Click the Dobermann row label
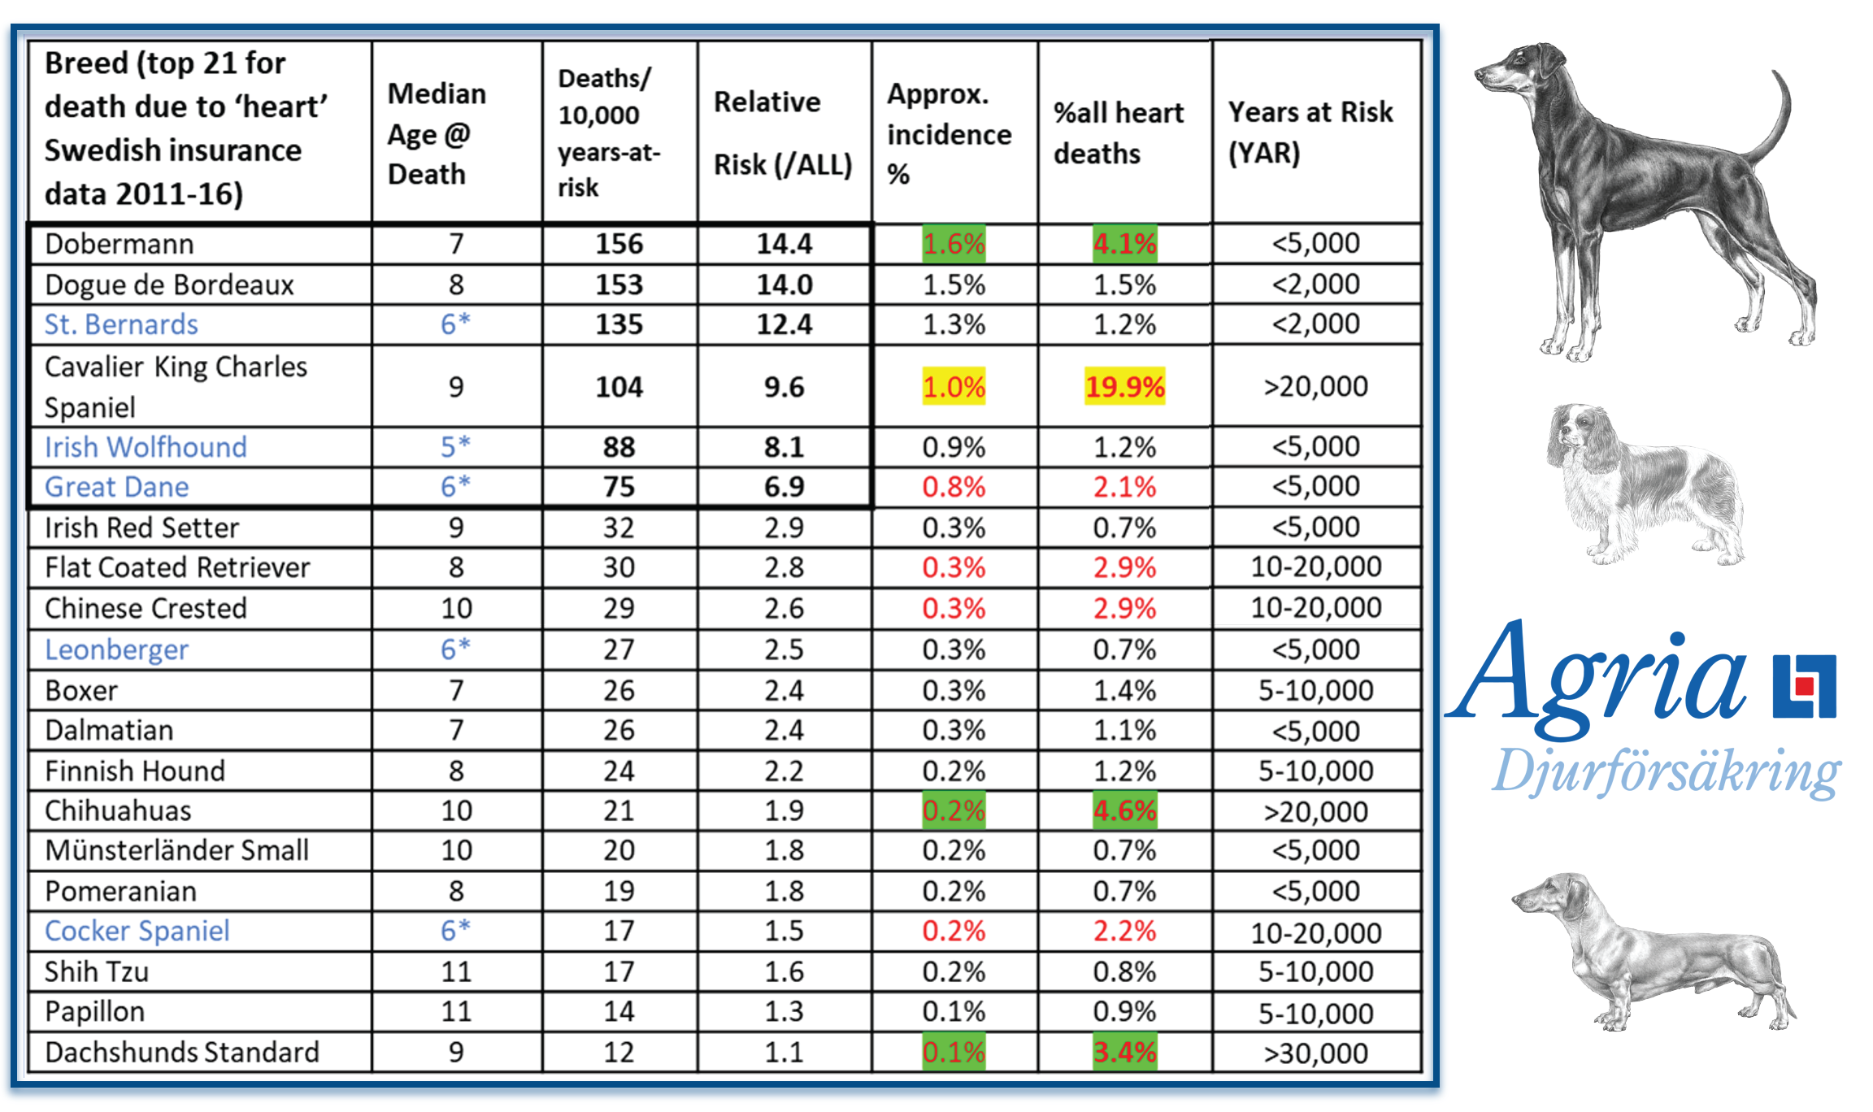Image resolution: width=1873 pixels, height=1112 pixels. tap(120, 244)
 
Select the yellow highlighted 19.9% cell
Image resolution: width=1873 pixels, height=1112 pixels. tap(1124, 386)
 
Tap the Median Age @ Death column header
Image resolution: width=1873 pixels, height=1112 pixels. tap(437, 133)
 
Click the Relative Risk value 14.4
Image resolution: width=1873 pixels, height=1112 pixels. tap(784, 244)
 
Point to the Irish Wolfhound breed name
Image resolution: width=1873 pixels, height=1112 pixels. tap(146, 447)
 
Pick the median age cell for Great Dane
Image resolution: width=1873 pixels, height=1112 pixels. tap(455, 487)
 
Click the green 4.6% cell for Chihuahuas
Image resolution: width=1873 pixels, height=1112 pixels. tap(1124, 810)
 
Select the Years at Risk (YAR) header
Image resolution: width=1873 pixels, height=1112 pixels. tap(1310, 132)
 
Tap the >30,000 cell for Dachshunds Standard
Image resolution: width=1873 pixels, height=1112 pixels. tap(1315, 1053)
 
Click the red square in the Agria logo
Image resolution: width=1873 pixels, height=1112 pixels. tap(1805, 687)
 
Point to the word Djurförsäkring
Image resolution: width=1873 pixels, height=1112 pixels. tap(1667, 772)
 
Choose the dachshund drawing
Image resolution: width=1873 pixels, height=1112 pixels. tap(1650, 951)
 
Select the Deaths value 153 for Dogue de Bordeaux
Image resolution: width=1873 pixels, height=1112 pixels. tap(619, 285)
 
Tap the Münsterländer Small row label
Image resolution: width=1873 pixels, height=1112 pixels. tap(176, 850)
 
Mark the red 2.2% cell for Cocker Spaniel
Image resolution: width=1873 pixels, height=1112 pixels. tap(1124, 931)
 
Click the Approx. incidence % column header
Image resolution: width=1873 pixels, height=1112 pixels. tap(949, 133)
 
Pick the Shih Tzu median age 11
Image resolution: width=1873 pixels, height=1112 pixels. tap(455, 971)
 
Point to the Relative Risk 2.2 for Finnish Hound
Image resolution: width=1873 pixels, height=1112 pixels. tap(784, 771)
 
